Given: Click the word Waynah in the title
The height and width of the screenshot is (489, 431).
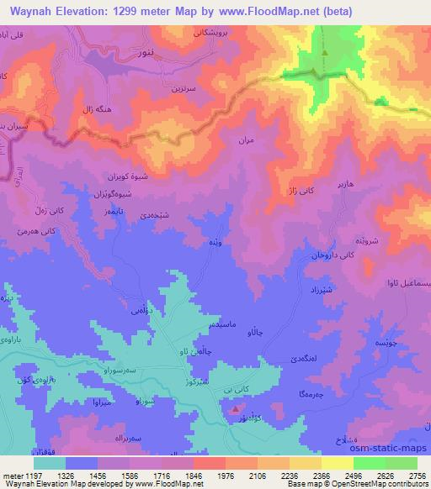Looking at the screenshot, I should pos(34,10).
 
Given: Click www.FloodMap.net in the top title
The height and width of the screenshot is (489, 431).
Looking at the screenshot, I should pos(263,10).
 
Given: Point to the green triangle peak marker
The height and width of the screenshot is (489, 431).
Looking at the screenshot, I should pos(324,52).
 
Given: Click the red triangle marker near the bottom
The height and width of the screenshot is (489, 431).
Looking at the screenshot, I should pos(234,408).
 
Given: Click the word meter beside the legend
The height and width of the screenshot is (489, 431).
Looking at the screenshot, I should pos(8,475).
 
